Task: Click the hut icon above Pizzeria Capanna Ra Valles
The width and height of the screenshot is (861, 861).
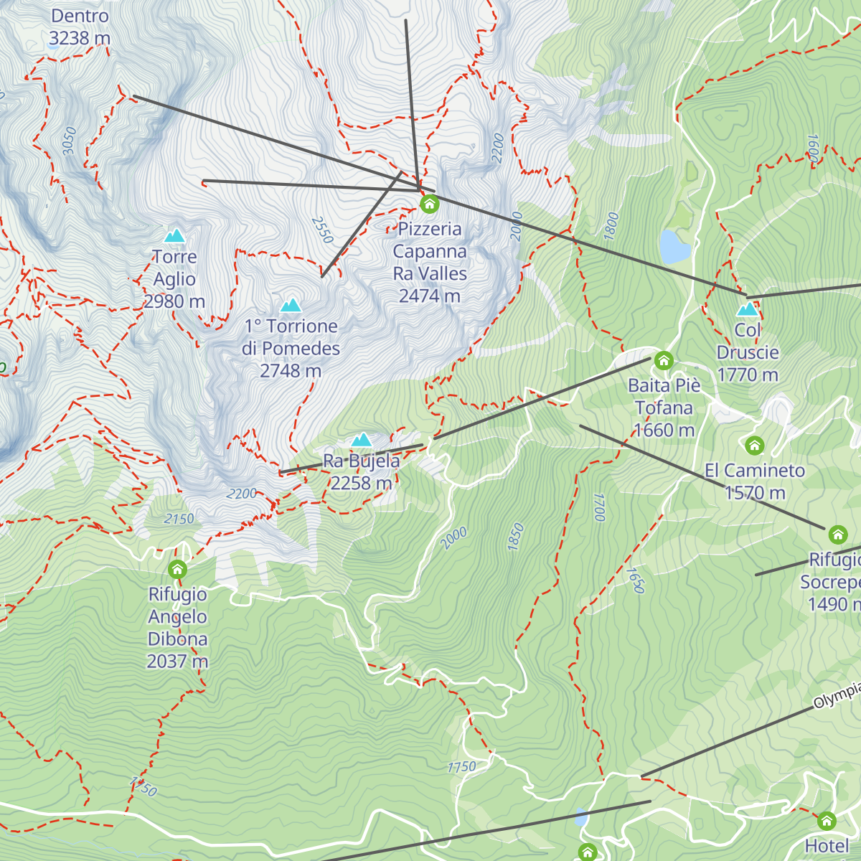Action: [429, 204]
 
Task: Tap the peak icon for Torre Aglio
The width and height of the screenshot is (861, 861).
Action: [174, 236]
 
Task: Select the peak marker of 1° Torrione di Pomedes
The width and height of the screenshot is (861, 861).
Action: [291, 306]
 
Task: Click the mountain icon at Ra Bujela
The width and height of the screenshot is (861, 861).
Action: [362, 440]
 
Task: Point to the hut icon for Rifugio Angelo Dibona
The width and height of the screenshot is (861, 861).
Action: [177, 570]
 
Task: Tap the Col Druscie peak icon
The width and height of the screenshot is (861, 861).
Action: [748, 309]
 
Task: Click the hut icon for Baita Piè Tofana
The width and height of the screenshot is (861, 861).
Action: [664, 360]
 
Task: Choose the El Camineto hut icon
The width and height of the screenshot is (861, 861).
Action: [754, 446]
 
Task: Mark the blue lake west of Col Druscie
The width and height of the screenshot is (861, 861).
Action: [674, 246]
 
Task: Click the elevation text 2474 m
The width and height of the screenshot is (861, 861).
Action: [429, 296]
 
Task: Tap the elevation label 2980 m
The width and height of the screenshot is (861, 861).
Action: [174, 301]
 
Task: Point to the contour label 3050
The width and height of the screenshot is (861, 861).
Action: [69, 141]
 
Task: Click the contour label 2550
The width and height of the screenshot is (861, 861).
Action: [323, 230]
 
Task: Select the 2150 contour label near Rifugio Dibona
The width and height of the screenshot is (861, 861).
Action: [179, 519]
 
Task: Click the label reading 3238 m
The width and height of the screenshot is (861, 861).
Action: [80, 38]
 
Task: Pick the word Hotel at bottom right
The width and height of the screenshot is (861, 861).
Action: [827, 846]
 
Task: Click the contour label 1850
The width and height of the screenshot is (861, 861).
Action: [516, 537]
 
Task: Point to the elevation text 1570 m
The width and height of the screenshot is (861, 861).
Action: [755, 493]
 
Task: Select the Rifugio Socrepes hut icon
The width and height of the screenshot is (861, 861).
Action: [837, 535]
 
